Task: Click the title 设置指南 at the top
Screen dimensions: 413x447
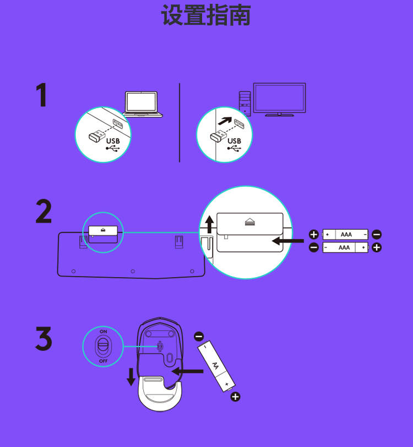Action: [x=206, y=15]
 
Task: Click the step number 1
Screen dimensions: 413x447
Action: [x=42, y=95]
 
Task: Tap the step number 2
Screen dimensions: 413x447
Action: [x=44, y=211]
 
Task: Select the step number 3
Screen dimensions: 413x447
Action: [x=44, y=338]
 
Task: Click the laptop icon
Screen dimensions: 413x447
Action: [x=142, y=104]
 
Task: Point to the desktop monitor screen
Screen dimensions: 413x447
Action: [x=279, y=98]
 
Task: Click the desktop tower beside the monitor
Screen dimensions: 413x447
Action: [x=245, y=103]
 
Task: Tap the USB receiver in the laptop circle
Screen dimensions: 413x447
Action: [x=96, y=136]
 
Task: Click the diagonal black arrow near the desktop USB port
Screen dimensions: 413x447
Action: [x=225, y=121]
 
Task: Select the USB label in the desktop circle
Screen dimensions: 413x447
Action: [x=234, y=141]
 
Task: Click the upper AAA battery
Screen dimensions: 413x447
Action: [x=345, y=234]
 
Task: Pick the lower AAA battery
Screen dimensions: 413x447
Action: [x=345, y=247]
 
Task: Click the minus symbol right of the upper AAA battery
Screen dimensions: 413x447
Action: [x=377, y=234]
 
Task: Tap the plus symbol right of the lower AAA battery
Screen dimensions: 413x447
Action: [x=377, y=247]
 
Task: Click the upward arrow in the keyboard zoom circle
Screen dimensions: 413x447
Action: [x=210, y=224]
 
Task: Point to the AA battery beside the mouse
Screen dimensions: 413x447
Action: [x=216, y=366]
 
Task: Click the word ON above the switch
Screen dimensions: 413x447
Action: [x=104, y=332]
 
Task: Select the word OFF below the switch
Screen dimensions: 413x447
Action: [x=104, y=361]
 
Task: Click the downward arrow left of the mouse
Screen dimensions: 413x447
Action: [x=131, y=377]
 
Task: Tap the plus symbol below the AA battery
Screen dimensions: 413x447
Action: [x=235, y=397]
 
